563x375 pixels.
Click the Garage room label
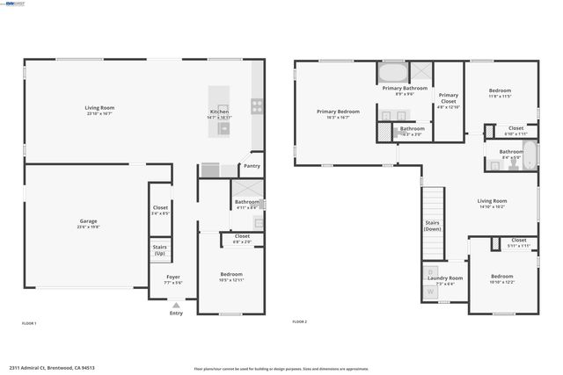click(x=88, y=220)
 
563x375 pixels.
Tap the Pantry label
click(x=252, y=165)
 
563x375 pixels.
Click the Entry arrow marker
click(x=176, y=305)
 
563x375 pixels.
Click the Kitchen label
click(x=219, y=112)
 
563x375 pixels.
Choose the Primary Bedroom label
click(x=339, y=112)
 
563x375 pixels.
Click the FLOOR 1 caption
click(x=29, y=323)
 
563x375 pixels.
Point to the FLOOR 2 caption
click(x=300, y=323)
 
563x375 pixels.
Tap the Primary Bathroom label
click(x=405, y=88)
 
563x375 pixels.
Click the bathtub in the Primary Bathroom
click(x=391, y=71)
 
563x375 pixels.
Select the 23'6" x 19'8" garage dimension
click(x=88, y=227)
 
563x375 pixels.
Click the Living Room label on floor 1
click(x=99, y=107)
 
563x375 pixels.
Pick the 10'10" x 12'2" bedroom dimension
click(x=502, y=282)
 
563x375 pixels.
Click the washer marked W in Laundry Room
click(x=431, y=291)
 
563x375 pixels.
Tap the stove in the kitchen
click(x=258, y=107)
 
